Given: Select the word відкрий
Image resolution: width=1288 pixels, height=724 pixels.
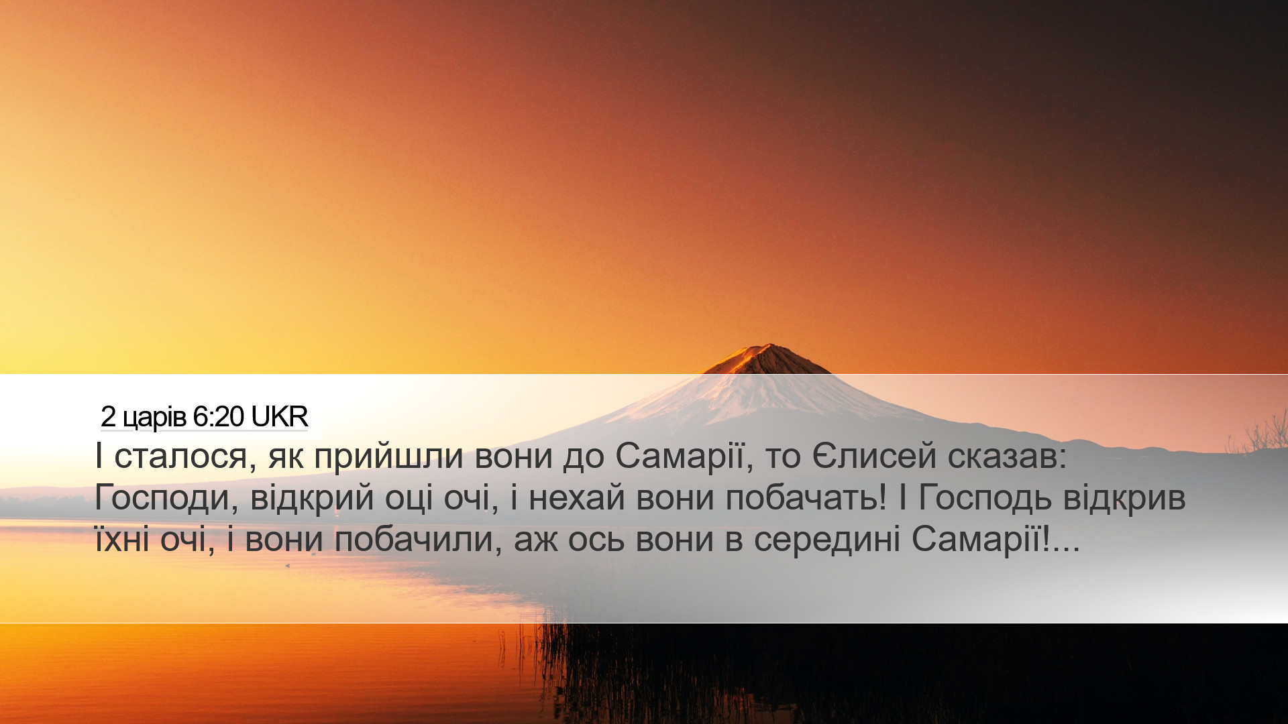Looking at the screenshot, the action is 312,499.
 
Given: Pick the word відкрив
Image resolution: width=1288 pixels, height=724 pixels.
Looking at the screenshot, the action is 1124,499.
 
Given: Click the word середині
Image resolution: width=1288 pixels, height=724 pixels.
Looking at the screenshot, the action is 826,540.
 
